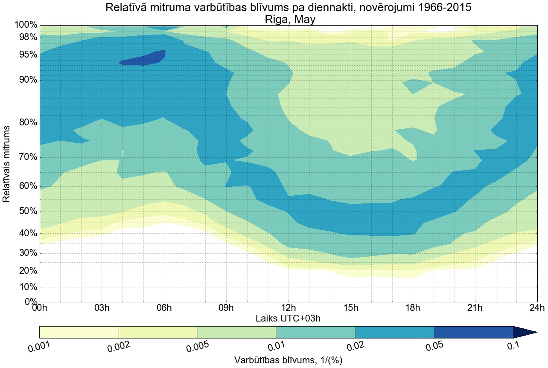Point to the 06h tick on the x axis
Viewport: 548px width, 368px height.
point(164,307)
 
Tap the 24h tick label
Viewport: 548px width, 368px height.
point(536,307)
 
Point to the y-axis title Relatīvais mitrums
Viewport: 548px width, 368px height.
point(7,164)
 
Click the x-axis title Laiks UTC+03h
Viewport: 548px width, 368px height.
point(288,318)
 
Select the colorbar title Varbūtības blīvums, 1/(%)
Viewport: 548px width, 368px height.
point(288,360)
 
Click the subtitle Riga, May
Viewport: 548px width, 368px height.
point(288,20)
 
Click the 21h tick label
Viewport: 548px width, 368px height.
point(475,307)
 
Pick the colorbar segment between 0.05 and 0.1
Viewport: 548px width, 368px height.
point(474,332)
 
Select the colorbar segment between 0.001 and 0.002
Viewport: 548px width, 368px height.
point(79,332)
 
